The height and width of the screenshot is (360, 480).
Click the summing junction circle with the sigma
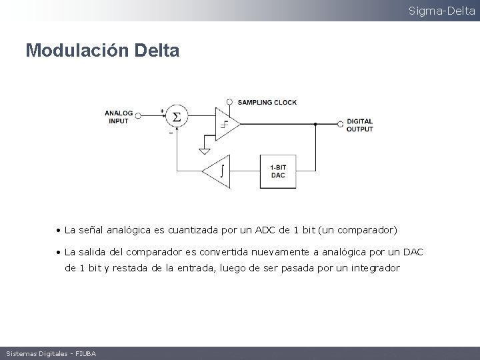[177, 117]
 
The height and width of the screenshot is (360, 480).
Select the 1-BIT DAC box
[278, 171]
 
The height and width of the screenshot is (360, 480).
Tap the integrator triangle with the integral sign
[217, 171]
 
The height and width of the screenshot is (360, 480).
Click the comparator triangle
[225, 123]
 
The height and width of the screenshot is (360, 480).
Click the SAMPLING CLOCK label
[267, 102]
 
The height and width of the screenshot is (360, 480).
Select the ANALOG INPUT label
[119, 117]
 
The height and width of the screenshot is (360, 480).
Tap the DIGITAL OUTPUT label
[360, 125]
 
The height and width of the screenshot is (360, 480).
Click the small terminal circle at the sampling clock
[229, 102]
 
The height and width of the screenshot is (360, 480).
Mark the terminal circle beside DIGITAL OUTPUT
[341, 124]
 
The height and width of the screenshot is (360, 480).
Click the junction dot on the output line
[315, 124]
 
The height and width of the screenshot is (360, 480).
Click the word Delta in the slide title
[157, 50]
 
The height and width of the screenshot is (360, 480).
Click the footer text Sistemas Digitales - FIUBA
[51, 353]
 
